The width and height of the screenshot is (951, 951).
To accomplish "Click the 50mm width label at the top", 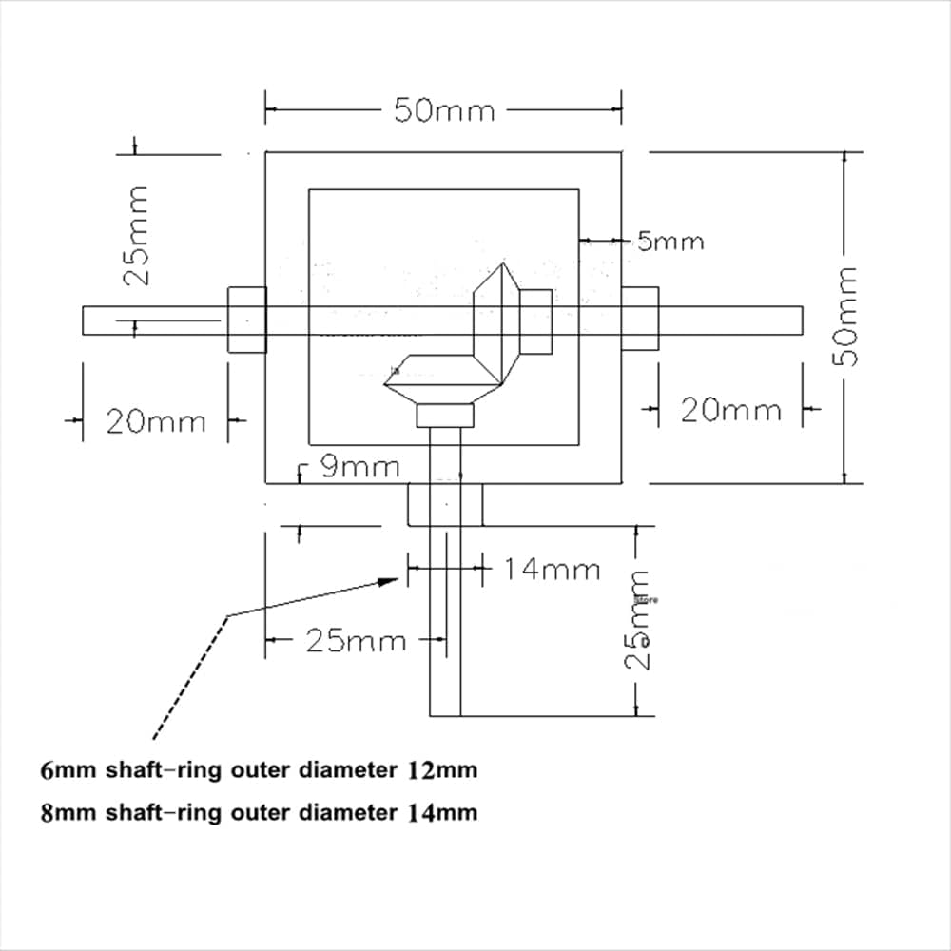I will [444, 110].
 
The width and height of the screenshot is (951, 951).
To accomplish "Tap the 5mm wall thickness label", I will [670, 242].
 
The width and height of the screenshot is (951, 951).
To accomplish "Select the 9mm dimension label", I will [359, 467].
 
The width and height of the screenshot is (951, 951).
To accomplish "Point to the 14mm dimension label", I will [552, 570].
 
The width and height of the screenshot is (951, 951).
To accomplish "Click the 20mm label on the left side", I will [155, 421].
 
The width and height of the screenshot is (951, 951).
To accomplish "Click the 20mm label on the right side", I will [730, 411].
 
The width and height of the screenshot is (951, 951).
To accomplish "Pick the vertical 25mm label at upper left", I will [137, 235].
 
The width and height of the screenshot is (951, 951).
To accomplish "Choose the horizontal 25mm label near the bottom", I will [356, 641].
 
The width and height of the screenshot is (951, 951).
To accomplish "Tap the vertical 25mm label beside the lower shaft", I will [640, 620].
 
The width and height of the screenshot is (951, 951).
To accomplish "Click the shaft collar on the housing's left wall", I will [246, 320].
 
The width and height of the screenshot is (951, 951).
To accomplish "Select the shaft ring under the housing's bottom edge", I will [445, 504].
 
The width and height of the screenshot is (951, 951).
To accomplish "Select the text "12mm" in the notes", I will [441, 770].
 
